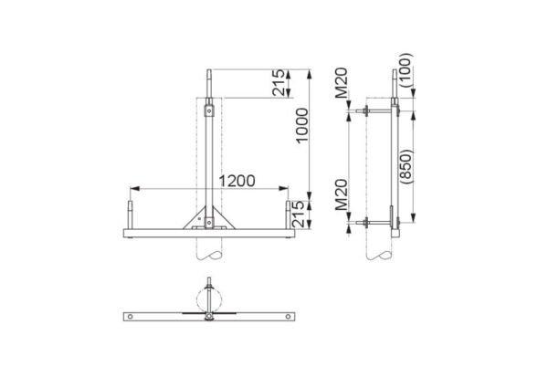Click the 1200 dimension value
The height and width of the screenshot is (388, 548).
pyautogui.click(x=237, y=181)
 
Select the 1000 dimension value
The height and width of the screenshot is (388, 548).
pyautogui.click(x=302, y=125)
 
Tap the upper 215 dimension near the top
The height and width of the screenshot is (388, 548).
pyautogui.click(x=279, y=83)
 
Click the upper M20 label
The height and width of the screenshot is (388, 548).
pyautogui.click(x=342, y=82)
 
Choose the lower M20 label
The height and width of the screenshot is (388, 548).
pyautogui.click(x=342, y=194)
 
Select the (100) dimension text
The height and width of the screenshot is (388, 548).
pyautogui.click(x=406, y=70)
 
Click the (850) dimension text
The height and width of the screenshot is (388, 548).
pyautogui.click(x=406, y=167)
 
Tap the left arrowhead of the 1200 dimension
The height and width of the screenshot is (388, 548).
pyautogui.click(x=135, y=189)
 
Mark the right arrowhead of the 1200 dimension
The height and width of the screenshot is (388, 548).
pyautogui.click(x=283, y=189)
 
